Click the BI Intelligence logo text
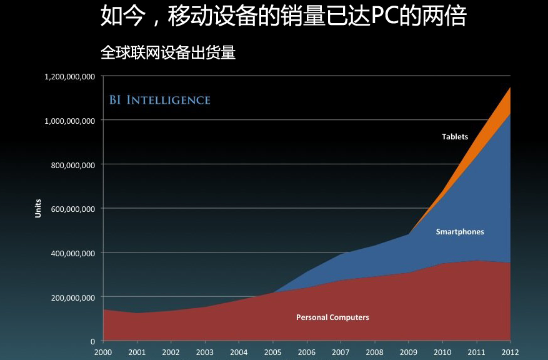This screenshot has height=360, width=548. pyautogui.click(x=160, y=100)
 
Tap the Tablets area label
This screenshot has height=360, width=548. pyautogui.click(x=454, y=137)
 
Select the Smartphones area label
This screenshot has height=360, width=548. pyautogui.click(x=459, y=232)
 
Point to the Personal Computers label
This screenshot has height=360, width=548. pyautogui.click(x=332, y=317)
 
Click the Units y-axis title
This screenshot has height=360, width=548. pyautogui.click(x=38, y=208)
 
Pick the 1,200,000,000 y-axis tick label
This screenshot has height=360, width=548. pyautogui.click(x=69, y=76)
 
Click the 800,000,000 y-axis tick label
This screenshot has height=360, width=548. pyautogui.click(x=72, y=165)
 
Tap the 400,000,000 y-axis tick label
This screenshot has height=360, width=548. pyautogui.click(x=72, y=253)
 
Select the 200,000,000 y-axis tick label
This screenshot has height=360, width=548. pyautogui.click(x=72, y=297)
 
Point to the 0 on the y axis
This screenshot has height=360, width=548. pyautogui.click(x=92, y=341)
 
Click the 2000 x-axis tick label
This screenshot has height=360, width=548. pyautogui.click(x=102, y=352)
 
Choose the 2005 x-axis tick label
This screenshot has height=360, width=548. pyautogui.click(x=272, y=352)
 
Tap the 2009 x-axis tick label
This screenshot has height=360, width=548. pyautogui.click(x=409, y=352)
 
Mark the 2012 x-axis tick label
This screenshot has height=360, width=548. pyautogui.click(x=511, y=352)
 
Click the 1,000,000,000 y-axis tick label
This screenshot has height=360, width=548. pyautogui.click(x=69, y=121)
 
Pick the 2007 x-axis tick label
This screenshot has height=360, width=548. pyautogui.click(x=341, y=352)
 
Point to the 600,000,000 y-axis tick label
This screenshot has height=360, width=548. pyautogui.click(x=72, y=209)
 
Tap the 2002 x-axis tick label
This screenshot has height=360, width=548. pyautogui.click(x=171, y=352)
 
